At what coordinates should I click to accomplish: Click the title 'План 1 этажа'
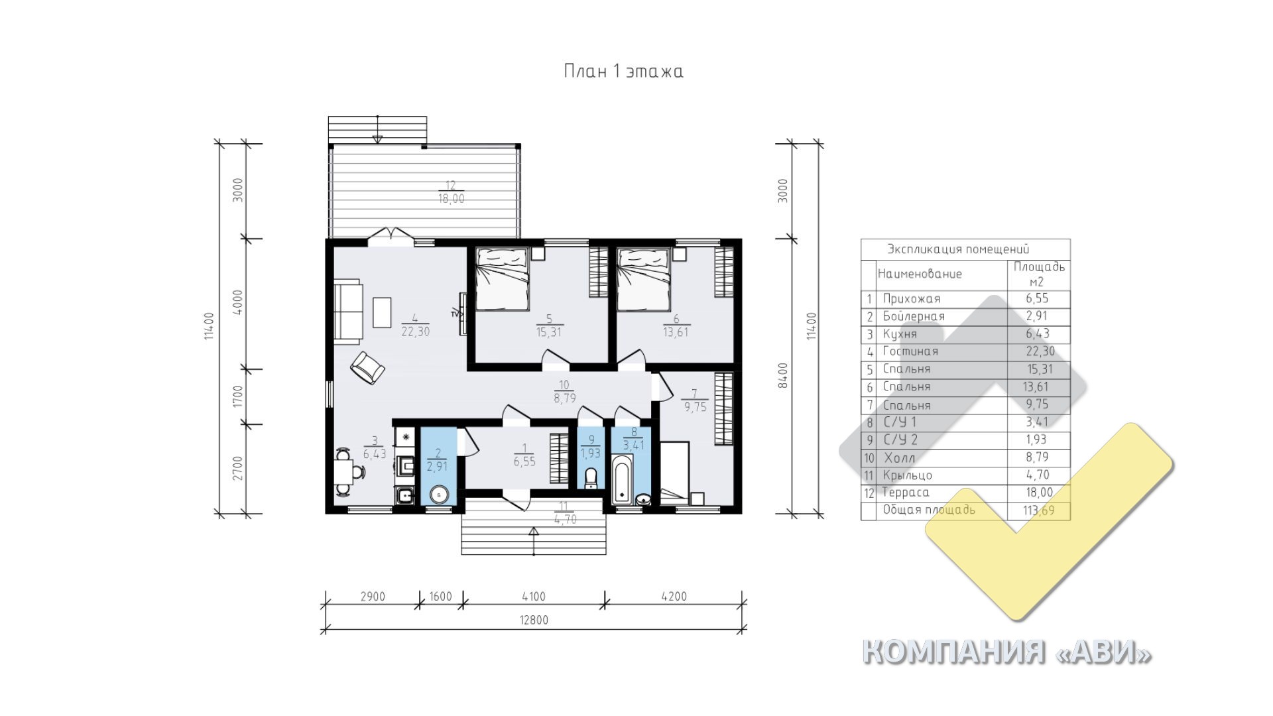point(623,71)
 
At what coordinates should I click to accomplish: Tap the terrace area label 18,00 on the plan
point(451,198)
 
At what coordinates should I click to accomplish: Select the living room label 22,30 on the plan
point(416,331)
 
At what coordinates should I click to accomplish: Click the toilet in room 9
point(591,477)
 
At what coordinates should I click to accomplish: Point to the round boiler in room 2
point(439,495)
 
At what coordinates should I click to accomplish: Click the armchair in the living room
point(367,367)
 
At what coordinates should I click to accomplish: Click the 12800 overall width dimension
point(534,621)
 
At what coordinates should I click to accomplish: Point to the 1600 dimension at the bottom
point(441,597)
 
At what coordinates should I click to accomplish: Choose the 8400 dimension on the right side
point(783,375)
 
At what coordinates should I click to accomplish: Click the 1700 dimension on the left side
point(239,396)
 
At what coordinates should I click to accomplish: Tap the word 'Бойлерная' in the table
point(914,316)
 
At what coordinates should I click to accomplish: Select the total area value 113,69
point(1039,510)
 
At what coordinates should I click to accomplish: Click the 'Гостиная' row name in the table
point(910,351)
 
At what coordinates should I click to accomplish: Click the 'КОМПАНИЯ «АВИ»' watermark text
point(1006,652)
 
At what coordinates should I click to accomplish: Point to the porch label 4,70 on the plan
point(565,520)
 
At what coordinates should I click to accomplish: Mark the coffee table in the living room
point(382,313)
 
